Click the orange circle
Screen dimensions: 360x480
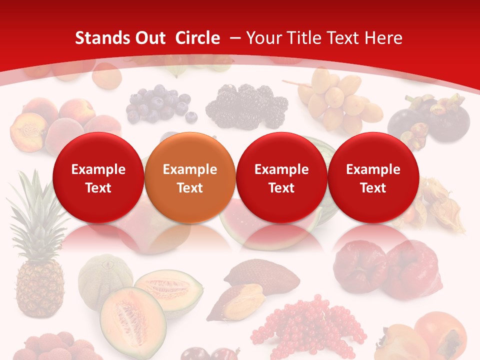pos(190,178)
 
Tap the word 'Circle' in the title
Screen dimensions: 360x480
pos(197,38)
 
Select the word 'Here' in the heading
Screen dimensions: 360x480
pos(384,38)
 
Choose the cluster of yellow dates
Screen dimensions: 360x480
pos(340,100)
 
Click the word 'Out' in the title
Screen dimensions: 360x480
pos(147,38)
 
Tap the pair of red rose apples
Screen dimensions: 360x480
pos(387,267)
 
